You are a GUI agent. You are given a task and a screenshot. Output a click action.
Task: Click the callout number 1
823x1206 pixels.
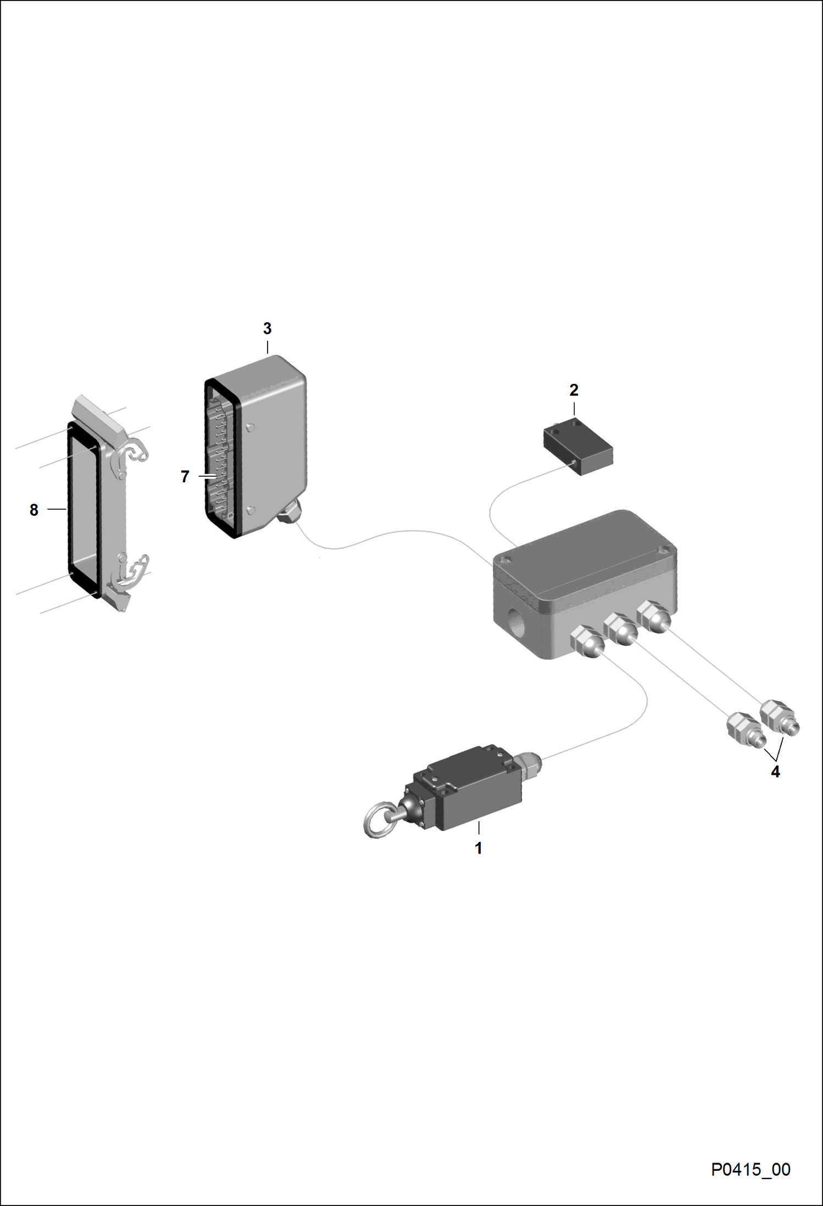click(x=478, y=848)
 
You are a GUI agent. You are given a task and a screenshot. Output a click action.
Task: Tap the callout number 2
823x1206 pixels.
click(x=574, y=390)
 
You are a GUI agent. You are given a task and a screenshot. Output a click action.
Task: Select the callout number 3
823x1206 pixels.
click(x=267, y=328)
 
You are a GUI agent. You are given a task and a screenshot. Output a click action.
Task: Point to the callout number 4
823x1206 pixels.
click(x=775, y=772)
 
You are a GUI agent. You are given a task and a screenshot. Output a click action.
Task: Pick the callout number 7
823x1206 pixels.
click(x=185, y=476)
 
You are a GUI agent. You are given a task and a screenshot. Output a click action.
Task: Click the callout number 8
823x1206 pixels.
click(x=34, y=510)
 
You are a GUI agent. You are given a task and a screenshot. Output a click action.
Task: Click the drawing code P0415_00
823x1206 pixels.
click(x=751, y=1169)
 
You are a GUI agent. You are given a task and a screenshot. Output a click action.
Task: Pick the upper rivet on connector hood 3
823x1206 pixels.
click(x=251, y=427)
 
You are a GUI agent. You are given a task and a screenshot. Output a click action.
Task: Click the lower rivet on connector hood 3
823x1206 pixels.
click(x=251, y=511)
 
